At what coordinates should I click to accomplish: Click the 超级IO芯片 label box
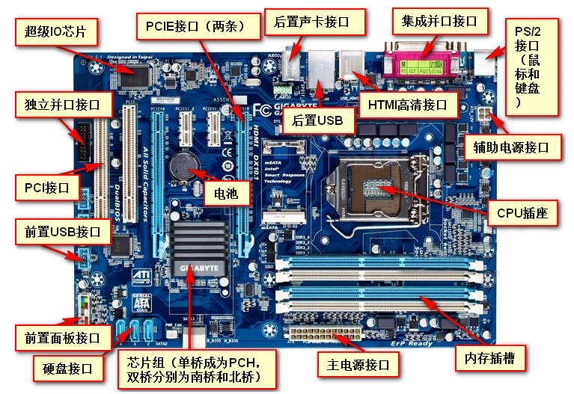(55, 31)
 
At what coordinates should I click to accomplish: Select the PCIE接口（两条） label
(199, 27)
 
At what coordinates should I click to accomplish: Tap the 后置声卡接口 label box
(317, 21)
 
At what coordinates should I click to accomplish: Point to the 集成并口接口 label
(439, 21)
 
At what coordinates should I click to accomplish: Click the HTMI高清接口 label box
(408, 105)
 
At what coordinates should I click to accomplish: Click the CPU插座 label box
(522, 213)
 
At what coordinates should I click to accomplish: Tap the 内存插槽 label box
(489, 358)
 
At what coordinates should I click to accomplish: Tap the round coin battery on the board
(183, 165)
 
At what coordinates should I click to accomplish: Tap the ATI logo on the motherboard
(141, 277)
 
